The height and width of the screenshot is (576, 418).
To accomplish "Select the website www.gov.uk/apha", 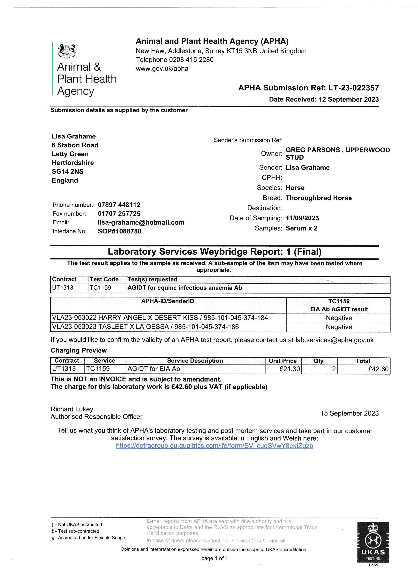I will (x=162, y=69).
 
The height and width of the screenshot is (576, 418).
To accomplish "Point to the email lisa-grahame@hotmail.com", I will (x=141, y=222).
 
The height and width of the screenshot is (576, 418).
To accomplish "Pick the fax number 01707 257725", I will (x=119, y=214).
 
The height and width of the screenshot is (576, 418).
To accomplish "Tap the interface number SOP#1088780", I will (x=120, y=231).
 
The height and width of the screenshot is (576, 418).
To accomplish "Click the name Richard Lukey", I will (x=72, y=409).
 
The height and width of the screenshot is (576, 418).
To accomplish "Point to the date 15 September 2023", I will (x=349, y=413).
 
